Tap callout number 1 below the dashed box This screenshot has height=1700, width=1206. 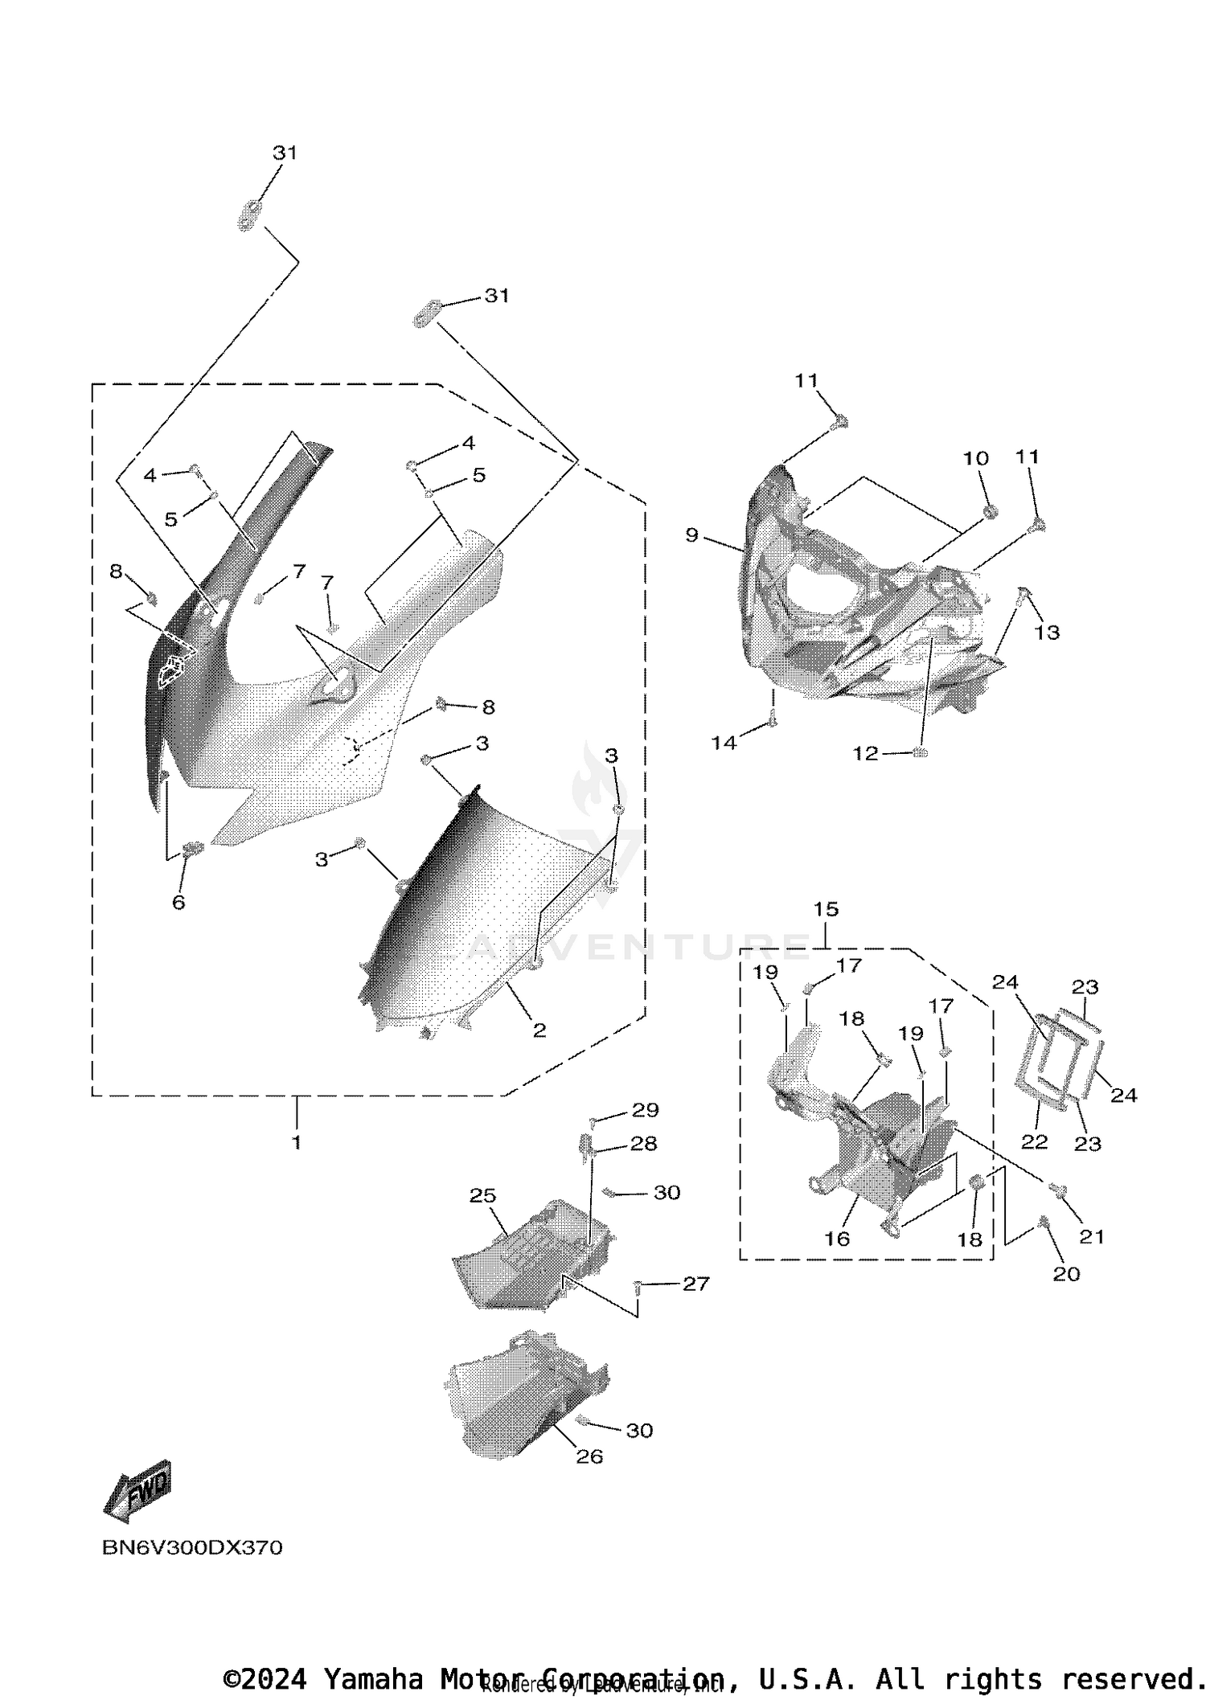(297, 1142)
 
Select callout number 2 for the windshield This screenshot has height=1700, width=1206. (539, 1030)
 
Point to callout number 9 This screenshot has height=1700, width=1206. (692, 535)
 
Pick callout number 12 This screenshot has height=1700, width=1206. (865, 754)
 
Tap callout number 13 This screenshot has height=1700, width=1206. (1047, 633)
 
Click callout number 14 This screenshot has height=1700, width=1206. (724, 743)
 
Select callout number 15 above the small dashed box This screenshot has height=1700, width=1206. (826, 909)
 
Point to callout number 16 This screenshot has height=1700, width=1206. (837, 1239)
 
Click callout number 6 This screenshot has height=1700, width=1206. (178, 903)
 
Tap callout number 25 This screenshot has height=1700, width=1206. (482, 1195)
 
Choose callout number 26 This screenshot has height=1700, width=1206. (589, 1456)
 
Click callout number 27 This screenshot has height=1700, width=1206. (695, 1284)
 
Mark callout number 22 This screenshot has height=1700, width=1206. (1034, 1142)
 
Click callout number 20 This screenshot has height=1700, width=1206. (1066, 1274)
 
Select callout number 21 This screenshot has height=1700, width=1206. (1092, 1236)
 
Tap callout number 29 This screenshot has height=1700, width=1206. (645, 1110)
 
